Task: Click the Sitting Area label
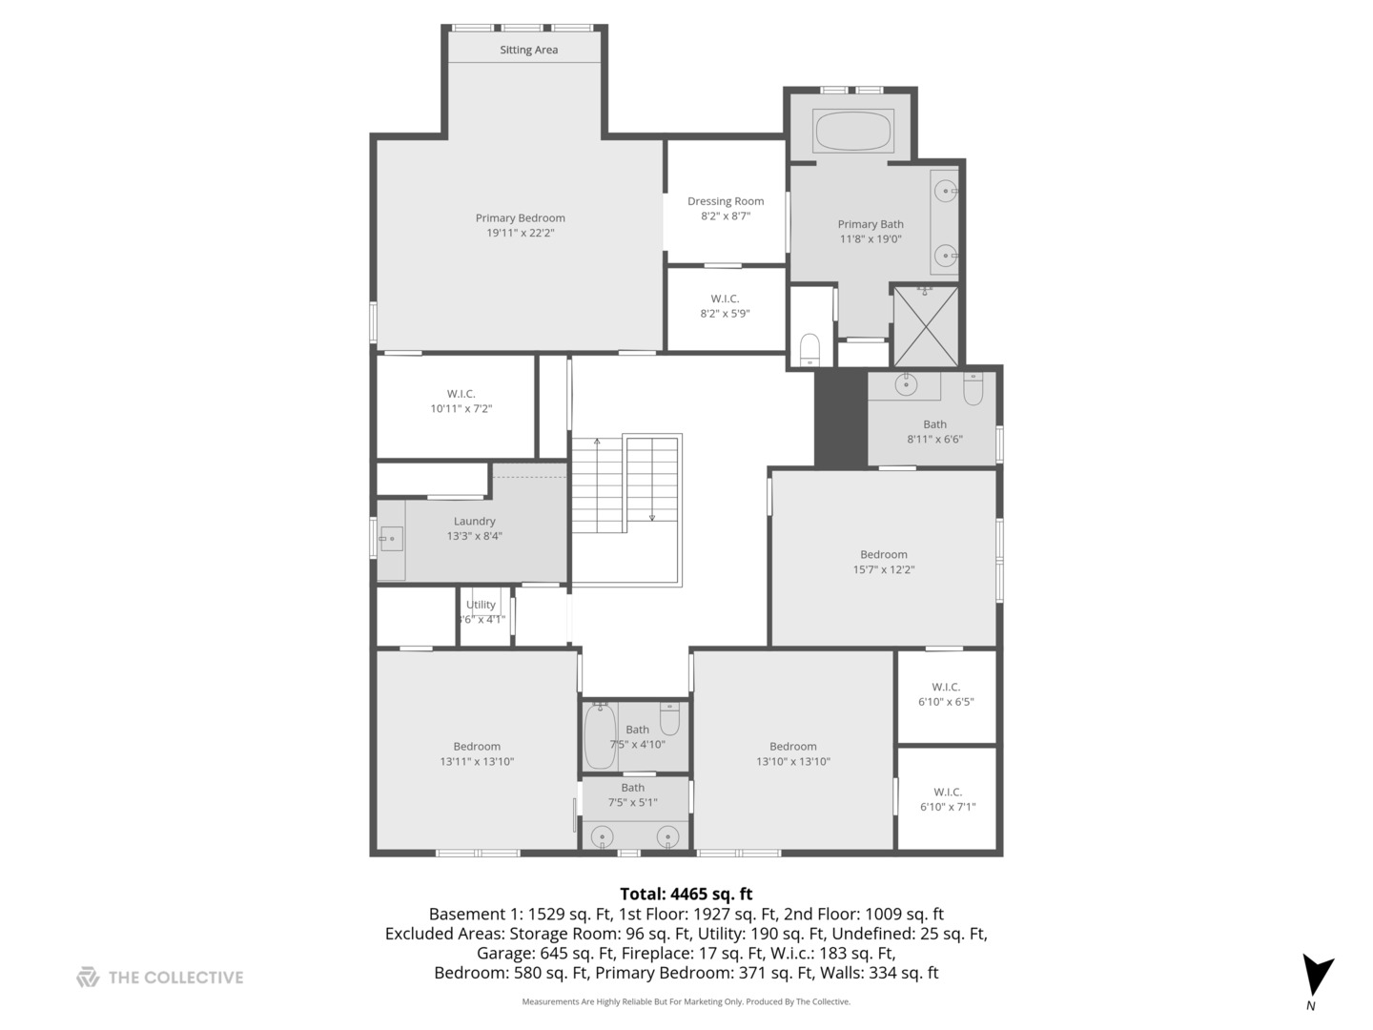[528, 50]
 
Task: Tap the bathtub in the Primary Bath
[853, 131]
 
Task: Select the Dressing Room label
[726, 201]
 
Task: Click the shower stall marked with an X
[925, 326]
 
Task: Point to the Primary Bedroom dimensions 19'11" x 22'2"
[520, 233]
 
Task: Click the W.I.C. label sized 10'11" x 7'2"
[461, 394]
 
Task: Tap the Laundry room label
[474, 522]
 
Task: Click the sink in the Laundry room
[391, 539]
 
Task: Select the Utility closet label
[481, 605]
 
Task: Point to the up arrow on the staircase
[598, 443]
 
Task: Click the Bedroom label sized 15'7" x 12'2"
[883, 554]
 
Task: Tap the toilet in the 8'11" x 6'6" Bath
[973, 388]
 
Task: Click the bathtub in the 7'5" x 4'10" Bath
[599, 736]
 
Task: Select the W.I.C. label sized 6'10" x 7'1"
[947, 792]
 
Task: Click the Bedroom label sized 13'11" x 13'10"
[476, 747]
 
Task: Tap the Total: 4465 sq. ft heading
[686, 894]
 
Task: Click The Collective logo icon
[88, 977]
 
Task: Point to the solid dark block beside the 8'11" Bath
[840, 418]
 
